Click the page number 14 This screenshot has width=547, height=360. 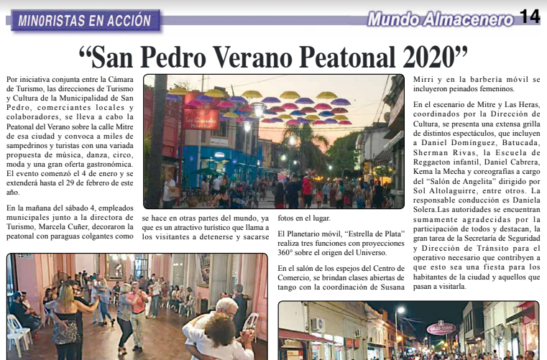530,17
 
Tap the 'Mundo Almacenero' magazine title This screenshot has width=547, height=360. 441,19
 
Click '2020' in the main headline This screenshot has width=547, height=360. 431,56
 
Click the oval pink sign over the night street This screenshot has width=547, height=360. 441,328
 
